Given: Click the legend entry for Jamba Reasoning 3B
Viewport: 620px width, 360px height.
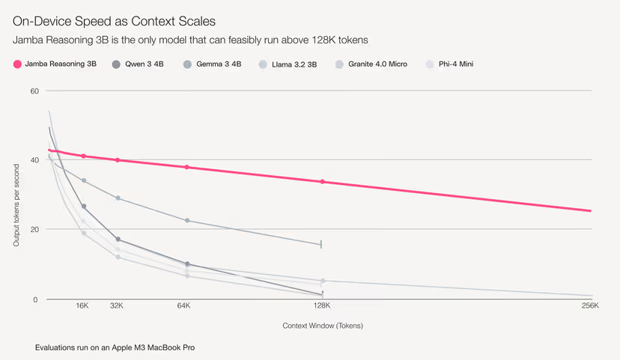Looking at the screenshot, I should tap(55, 64).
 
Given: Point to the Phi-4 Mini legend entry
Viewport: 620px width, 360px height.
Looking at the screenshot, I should tap(454, 64).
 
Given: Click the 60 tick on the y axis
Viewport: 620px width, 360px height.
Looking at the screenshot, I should tap(34, 91).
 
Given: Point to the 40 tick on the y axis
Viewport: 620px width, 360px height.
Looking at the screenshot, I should tap(34, 160).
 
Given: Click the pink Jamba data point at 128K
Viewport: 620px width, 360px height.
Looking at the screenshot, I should tap(323, 182).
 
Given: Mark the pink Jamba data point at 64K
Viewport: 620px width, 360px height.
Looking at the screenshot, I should tap(187, 167).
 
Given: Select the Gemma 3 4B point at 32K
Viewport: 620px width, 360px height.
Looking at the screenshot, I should tap(118, 198).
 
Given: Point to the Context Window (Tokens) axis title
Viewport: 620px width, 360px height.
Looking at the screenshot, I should tap(317, 326).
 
